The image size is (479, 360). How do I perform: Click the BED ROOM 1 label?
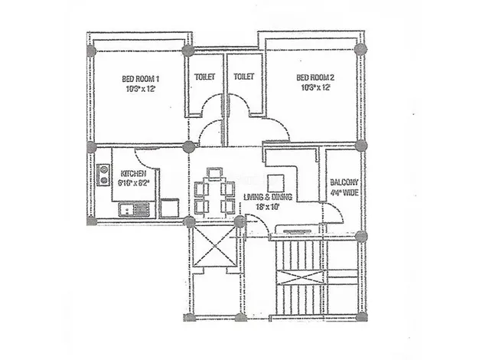click(x=141, y=78)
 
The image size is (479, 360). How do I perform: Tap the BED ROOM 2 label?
click(x=314, y=78)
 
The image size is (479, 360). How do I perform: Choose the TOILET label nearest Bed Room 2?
click(x=243, y=77)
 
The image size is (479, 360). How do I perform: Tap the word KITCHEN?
click(x=134, y=174)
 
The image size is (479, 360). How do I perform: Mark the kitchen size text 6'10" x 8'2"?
click(x=135, y=184)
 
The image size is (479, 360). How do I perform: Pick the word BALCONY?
click(x=341, y=182)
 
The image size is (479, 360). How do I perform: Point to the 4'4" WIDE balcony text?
click(x=341, y=193)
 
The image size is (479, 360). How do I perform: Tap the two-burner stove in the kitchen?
click(x=103, y=174)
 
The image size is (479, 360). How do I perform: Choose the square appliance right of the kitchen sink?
click(x=170, y=205)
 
